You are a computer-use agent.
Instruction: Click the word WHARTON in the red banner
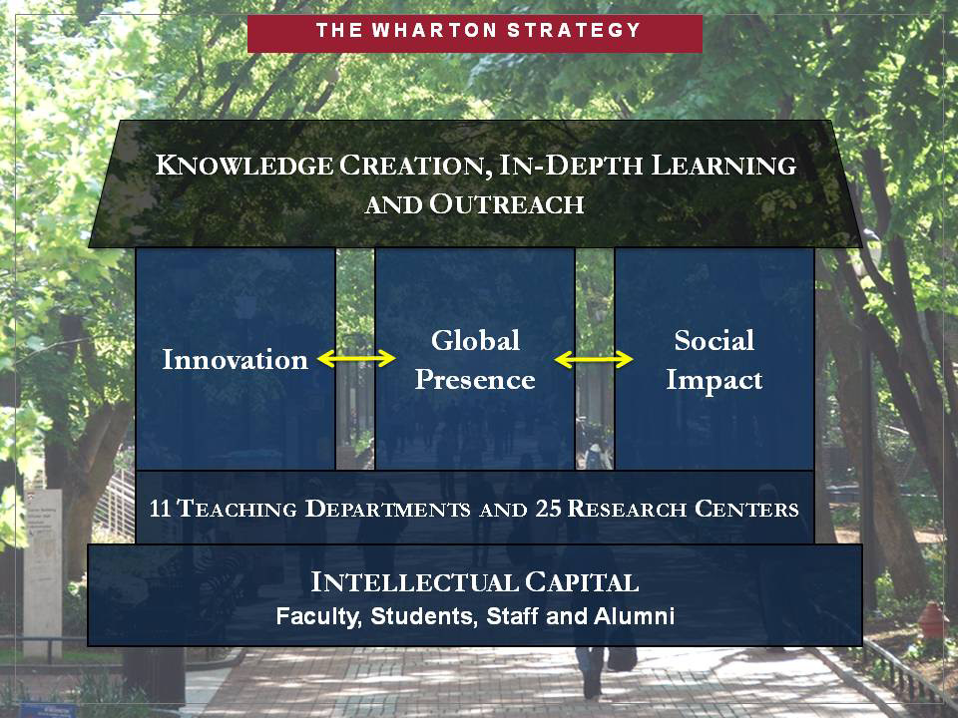434,30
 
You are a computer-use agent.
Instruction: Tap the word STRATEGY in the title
574,30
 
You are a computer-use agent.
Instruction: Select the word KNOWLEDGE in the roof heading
244,166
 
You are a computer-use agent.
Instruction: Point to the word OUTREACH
507,204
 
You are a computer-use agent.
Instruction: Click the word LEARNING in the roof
723,166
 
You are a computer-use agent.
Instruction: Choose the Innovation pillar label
236,360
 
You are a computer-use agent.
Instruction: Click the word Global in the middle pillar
475,340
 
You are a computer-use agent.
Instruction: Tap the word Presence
475,380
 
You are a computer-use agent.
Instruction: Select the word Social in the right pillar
715,340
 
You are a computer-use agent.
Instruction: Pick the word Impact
715,380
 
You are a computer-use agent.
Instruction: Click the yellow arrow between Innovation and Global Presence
356,358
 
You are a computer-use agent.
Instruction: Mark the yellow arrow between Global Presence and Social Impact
594,359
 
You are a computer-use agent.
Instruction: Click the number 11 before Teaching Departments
160,509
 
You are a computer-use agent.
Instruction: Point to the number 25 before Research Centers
548,509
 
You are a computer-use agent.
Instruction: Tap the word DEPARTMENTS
387,509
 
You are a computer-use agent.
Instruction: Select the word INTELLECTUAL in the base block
414,582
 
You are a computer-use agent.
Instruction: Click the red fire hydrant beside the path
933,620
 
